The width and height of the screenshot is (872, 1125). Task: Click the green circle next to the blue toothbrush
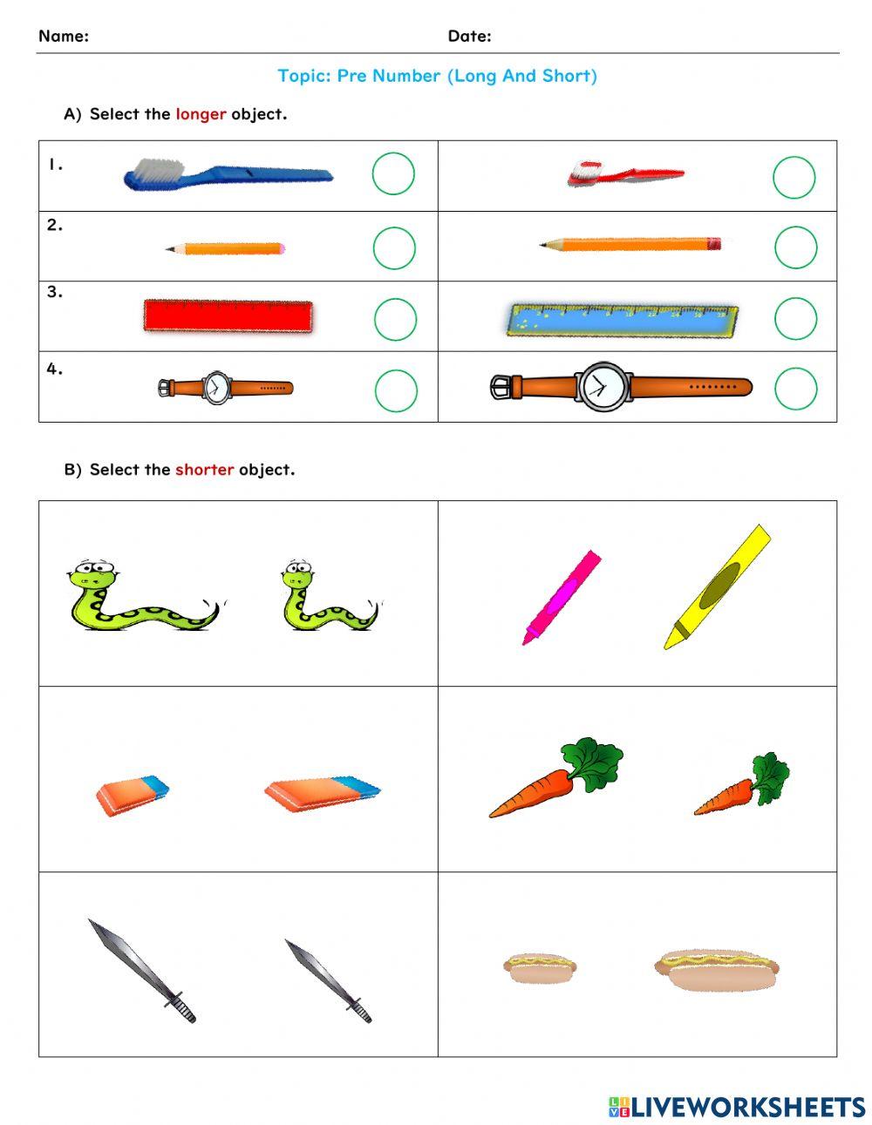(393, 174)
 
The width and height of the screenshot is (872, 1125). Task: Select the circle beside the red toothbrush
(794, 178)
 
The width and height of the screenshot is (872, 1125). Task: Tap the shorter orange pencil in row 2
(226, 249)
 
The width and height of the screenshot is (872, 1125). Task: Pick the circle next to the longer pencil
(795, 247)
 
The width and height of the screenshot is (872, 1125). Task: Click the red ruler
(228, 316)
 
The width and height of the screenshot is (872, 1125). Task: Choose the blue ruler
(622, 321)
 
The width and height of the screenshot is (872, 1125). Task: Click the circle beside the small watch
(396, 390)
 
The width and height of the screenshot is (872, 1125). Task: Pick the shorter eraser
(132, 796)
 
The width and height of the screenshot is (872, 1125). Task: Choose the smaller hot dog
(539, 967)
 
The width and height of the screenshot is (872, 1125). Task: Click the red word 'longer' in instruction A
(201, 114)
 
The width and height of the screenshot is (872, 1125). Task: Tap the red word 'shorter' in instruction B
(204, 470)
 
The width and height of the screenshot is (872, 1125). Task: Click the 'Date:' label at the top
(469, 36)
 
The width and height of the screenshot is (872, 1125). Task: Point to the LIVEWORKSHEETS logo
(737, 1107)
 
